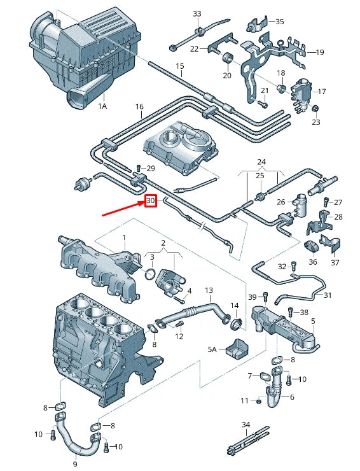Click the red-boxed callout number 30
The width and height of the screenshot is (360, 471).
[150, 201]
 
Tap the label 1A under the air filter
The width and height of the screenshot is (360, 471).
[102, 107]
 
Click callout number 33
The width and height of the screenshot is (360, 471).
[197, 14]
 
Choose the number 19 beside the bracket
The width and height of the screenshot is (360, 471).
[320, 52]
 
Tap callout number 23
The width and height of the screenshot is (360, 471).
[316, 122]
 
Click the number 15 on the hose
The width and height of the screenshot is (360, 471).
[179, 66]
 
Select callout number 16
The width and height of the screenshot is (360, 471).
[139, 107]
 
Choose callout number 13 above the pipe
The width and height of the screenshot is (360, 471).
[208, 291]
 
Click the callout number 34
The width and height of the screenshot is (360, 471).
[246, 424]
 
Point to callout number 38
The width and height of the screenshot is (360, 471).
[304, 313]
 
